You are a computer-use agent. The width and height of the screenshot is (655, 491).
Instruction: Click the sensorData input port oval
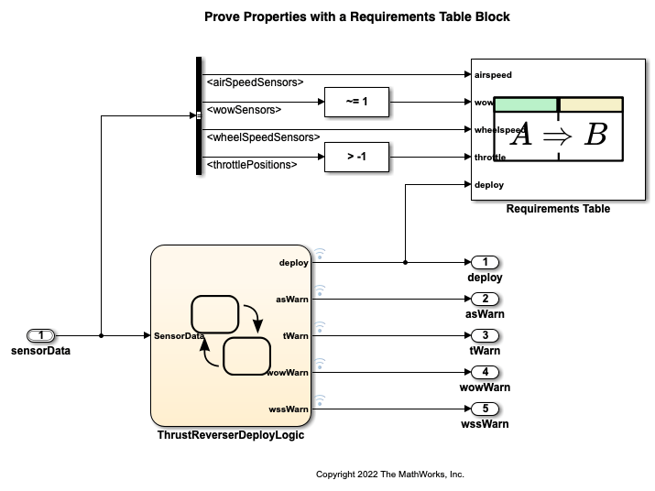pos(42,336)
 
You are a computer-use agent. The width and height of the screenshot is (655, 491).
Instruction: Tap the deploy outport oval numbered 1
pos(485,263)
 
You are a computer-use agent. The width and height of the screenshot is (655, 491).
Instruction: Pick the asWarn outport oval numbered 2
pos(485,299)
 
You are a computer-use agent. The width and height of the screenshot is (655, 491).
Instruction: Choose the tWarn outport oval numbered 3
pos(485,335)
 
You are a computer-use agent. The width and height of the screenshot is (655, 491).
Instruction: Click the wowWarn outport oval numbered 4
pos(485,372)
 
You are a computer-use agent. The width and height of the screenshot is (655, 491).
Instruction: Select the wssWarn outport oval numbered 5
pos(485,409)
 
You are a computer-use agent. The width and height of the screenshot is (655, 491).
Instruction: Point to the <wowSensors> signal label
pos(244,110)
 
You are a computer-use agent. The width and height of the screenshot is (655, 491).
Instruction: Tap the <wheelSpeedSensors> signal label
pos(263,137)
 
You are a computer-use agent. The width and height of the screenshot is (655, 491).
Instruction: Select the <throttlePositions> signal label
pos(252,165)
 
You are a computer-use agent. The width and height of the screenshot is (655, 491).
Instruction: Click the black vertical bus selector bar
pos(199,115)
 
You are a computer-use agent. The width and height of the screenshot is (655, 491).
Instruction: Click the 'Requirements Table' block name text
pos(558,209)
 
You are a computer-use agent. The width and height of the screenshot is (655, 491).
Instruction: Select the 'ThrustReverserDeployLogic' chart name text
pos(231,435)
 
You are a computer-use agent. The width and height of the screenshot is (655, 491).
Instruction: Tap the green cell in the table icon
pos(526,104)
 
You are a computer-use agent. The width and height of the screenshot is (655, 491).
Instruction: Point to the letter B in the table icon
pos(595,135)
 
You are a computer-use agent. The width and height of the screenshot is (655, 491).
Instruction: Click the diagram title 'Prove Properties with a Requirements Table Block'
pos(357,16)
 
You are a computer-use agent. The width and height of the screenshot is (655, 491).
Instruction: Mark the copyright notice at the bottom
pos(390,475)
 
